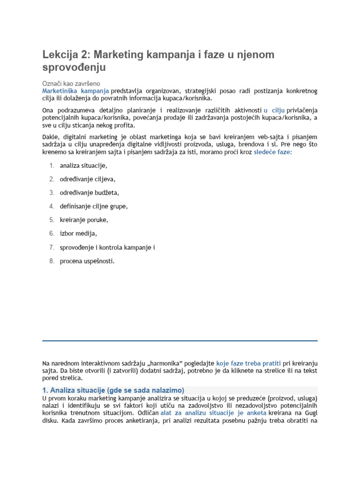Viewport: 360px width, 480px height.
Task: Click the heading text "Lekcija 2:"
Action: (x=65, y=55)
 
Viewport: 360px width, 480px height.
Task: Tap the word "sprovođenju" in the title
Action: (x=74, y=67)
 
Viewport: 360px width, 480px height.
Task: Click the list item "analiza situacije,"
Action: (x=83, y=166)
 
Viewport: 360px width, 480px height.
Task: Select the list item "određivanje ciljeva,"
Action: (x=87, y=179)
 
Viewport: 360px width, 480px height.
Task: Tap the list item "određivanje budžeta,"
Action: (x=89, y=193)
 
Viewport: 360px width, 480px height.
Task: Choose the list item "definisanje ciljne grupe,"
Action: (x=94, y=206)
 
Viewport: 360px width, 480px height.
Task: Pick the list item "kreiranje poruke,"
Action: (x=84, y=220)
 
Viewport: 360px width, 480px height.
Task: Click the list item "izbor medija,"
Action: (x=78, y=233)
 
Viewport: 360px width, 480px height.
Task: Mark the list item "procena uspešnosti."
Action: (x=87, y=261)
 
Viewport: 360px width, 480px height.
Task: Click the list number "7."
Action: (x=52, y=247)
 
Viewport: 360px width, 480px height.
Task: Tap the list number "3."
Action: (x=52, y=193)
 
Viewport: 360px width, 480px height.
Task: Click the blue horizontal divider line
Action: (x=180, y=341)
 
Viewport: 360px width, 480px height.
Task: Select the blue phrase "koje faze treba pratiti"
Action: (x=248, y=363)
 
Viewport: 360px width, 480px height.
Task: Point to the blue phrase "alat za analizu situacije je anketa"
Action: (x=213, y=413)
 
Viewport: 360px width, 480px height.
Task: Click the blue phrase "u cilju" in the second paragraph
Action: (x=274, y=110)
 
